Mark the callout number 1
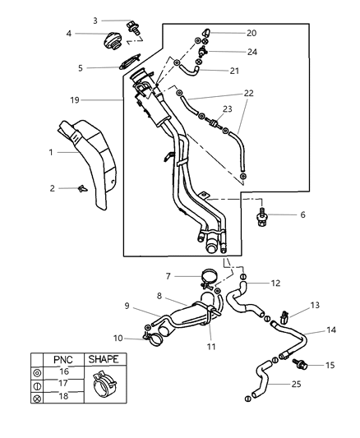pos(50,151)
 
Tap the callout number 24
pos(252,51)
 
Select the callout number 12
pos(275,284)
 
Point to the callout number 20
pos(252,33)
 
